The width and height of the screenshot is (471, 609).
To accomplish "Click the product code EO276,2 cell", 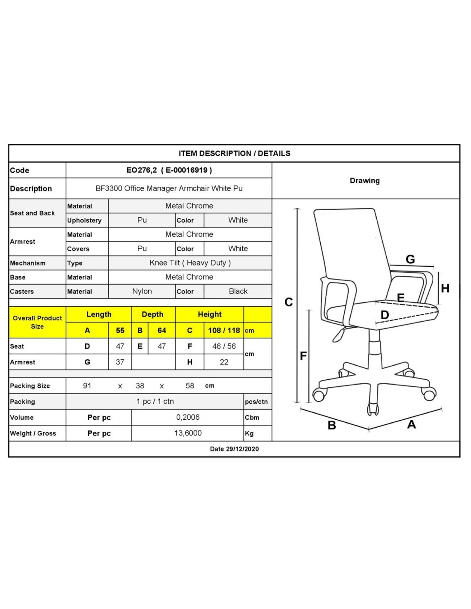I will pos(169,170).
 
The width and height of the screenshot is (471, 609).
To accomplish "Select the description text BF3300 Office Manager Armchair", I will pos(169,188).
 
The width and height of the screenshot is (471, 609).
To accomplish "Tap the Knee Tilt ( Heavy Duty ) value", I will pos(190,263).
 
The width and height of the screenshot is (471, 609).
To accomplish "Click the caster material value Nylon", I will pos(142,291).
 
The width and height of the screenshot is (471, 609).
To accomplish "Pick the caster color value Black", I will pos(238,291).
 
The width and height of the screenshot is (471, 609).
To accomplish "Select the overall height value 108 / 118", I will pos(224,331).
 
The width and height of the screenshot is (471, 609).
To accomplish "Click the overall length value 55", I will pos(120,331).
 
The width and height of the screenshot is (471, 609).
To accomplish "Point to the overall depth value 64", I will pos(161,331).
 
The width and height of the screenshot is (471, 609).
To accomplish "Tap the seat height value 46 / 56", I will pos(224,346).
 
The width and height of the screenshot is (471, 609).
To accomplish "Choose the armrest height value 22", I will pos(224,362).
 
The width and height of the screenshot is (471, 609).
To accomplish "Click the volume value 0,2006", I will pos(188,417).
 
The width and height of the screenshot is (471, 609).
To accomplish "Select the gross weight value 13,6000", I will pos(188,433).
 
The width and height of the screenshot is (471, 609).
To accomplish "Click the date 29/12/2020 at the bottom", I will pos(234,449).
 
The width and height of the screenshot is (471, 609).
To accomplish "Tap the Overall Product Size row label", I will pos(37,322).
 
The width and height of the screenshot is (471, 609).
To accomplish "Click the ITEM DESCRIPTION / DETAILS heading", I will pos(234,153).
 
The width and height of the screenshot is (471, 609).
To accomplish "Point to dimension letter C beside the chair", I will pos(289,302).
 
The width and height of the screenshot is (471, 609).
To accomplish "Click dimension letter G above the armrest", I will pos(410,259).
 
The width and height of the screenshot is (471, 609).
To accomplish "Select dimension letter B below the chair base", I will pos(331,425).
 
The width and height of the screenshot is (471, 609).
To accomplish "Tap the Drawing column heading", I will pos(364,181).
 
